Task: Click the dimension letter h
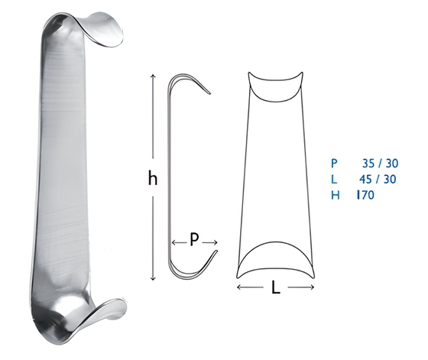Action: (153, 179)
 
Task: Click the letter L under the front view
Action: (276, 289)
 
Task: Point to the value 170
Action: (365, 196)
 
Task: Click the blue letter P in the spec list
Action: (333, 163)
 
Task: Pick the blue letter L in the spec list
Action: (333, 179)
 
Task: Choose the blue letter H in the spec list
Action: (334, 196)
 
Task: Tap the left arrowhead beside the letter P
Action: (174, 242)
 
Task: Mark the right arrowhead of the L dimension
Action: (313, 287)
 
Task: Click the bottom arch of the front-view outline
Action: (276, 252)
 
